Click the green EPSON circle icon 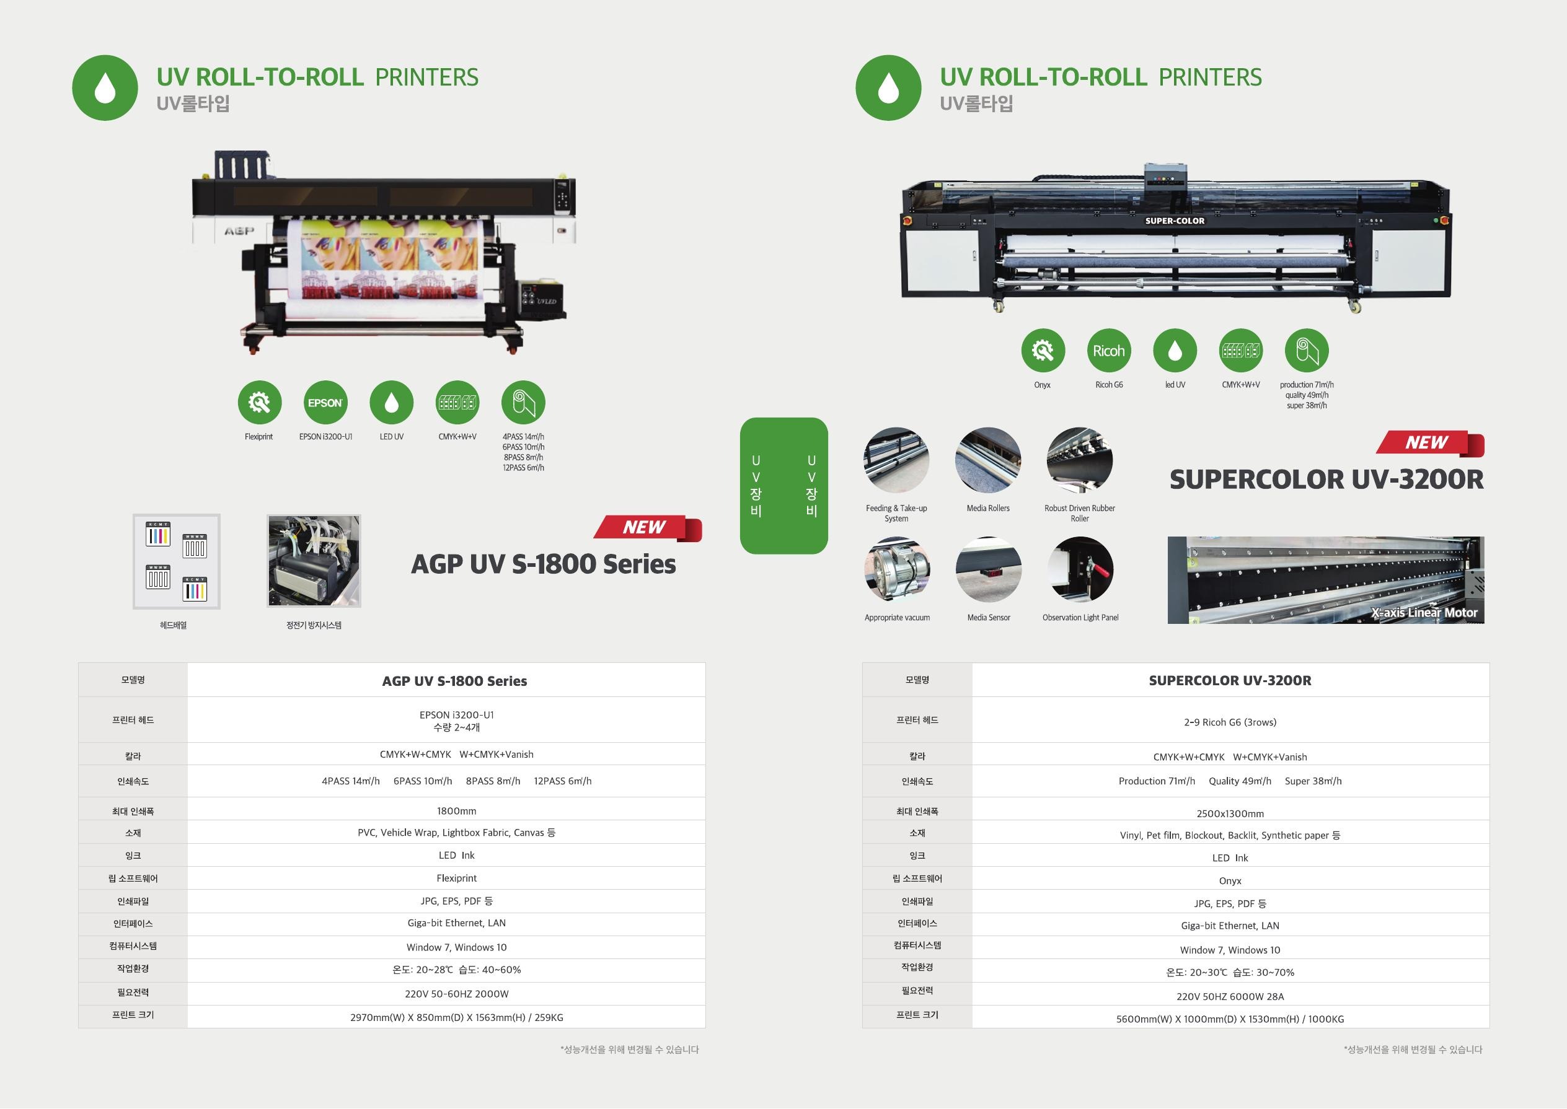point(325,402)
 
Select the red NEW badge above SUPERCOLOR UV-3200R point(1429,443)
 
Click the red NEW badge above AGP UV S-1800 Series point(647,528)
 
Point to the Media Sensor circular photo point(989,569)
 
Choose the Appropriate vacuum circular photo point(897,569)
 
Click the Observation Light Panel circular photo point(1080,569)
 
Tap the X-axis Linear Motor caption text point(1424,613)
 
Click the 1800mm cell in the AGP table point(456,811)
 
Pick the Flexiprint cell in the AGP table point(456,878)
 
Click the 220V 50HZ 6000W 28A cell point(1230,996)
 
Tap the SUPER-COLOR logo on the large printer point(1174,221)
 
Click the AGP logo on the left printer point(239,232)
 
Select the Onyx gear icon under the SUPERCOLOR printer point(1043,350)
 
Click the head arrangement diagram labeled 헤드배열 point(176,561)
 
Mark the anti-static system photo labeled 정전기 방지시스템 point(314,561)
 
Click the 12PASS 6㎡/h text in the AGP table point(562,781)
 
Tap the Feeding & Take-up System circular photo point(896,460)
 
